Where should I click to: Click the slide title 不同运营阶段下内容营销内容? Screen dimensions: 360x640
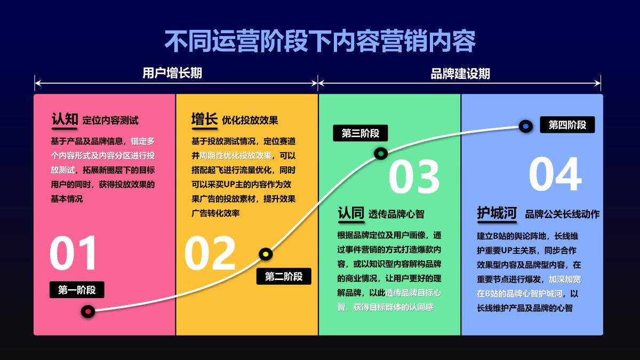click(319, 42)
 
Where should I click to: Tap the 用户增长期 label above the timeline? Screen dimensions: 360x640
click(172, 73)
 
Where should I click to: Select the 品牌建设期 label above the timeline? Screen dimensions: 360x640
click(460, 74)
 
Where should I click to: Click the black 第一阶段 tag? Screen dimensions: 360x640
click(77, 290)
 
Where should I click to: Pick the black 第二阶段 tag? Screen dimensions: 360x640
click(284, 276)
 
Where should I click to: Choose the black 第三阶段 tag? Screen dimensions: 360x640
click(361, 133)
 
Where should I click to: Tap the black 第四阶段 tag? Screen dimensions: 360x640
click(567, 125)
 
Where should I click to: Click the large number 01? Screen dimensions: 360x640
click(74, 253)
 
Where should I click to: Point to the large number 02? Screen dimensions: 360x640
click(210, 253)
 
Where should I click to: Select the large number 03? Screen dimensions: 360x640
click(414, 177)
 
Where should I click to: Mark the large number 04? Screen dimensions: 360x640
click(555, 174)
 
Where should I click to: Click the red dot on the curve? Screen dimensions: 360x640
click(87, 311)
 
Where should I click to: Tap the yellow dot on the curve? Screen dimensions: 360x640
click(266, 254)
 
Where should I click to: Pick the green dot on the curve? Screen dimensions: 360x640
click(380, 154)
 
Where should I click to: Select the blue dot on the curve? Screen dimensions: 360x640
click(525, 126)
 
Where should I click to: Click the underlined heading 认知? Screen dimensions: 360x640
click(65, 119)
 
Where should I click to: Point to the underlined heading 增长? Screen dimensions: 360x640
click(205, 119)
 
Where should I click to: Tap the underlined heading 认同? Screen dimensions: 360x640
click(351, 213)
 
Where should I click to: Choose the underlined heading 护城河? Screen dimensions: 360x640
click(497, 213)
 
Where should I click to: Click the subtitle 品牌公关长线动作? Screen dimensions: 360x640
click(562, 214)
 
